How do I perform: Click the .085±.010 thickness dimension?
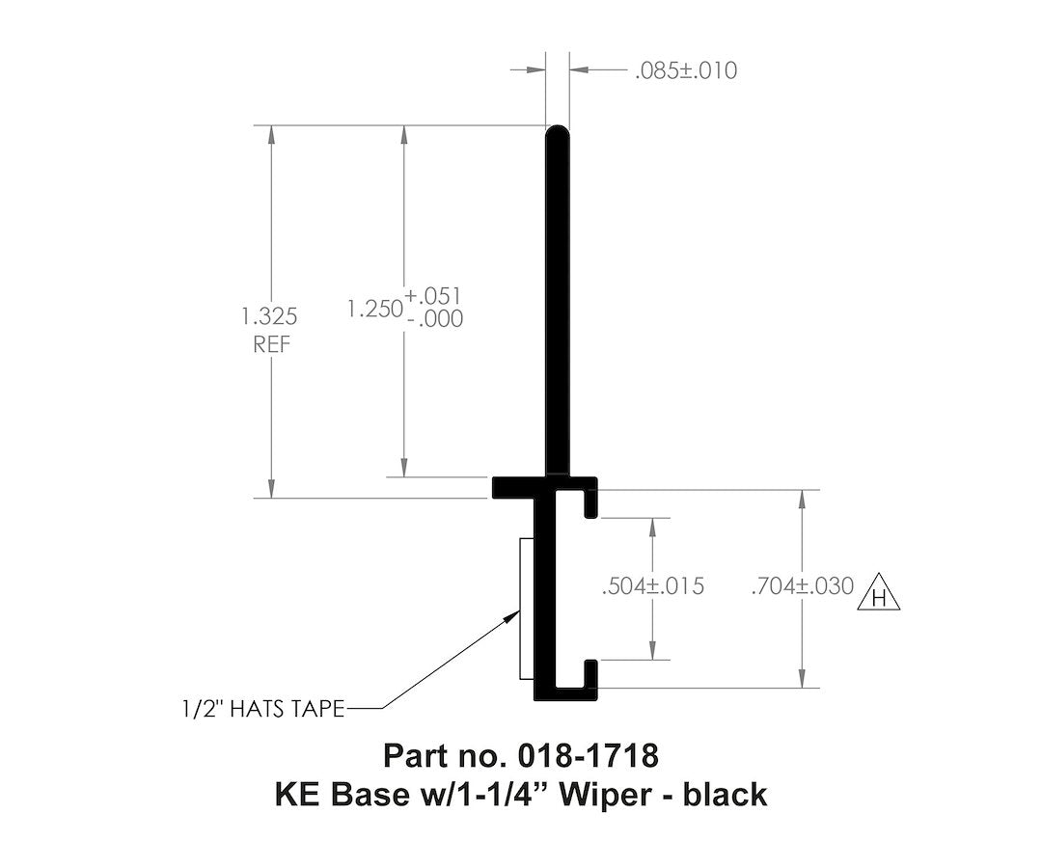pyautogui.click(x=686, y=70)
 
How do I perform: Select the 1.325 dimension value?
pyautogui.click(x=271, y=316)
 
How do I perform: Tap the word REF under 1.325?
pyautogui.click(x=271, y=344)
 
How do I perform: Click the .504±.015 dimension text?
pyautogui.click(x=651, y=586)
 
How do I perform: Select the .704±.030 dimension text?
pyautogui.click(x=803, y=586)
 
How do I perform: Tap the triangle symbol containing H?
pyautogui.click(x=879, y=595)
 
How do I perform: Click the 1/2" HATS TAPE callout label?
pyautogui.click(x=262, y=709)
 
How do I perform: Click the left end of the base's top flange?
pyautogui.click(x=500, y=488)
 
